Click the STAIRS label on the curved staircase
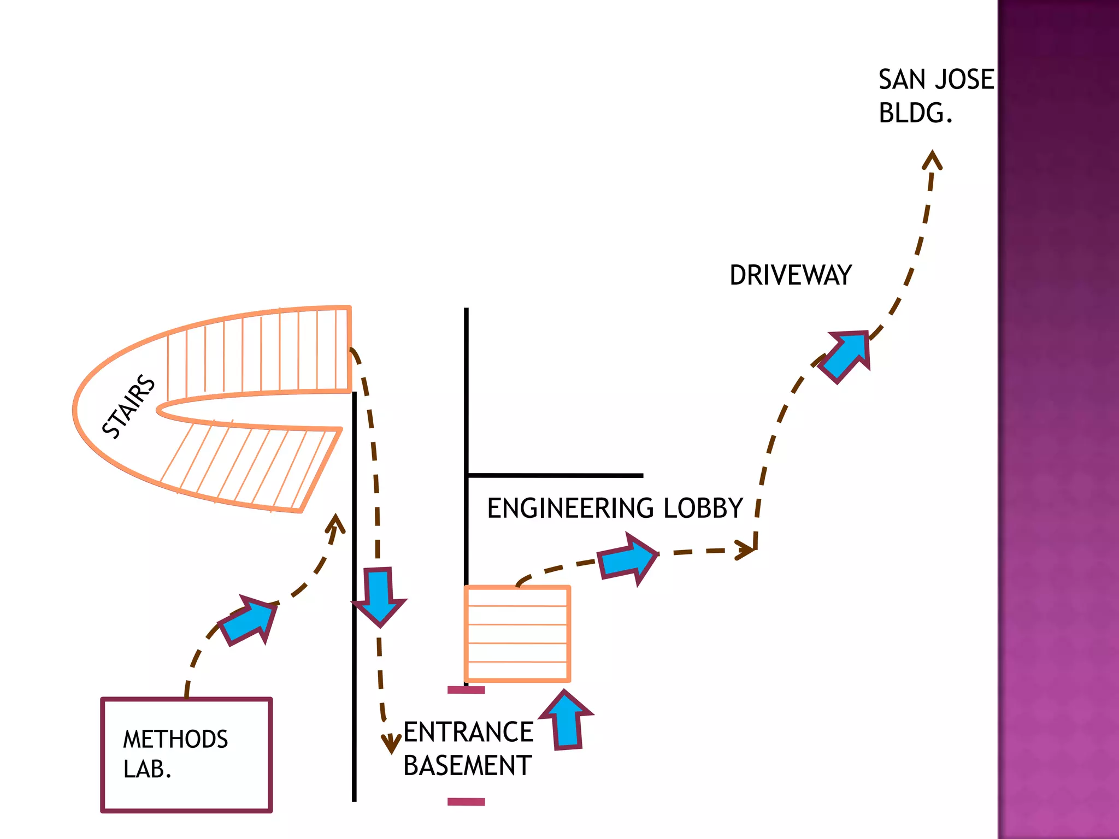pyautogui.click(x=129, y=406)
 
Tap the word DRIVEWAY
pyautogui.click(x=791, y=275)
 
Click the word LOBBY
pyautogui.click(x=703, y=508)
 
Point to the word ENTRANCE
pyautogui.click(x=468, y=732)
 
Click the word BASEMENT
pyautogui.click(x=468, y=765)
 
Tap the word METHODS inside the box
pyautogui.click(x=175, y=739)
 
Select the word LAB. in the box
pyautogui.click(x=148, y=769)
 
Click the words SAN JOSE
pyautogui.click(x=936, y=80)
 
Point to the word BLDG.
pyautogui.click(x=916, y=113)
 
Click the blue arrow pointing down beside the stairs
pyautogui.click(x=379, y=597)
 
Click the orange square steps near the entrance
pyautogui.click(x=517, y=634)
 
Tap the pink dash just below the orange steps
pyautogui.click(x=466, y=690)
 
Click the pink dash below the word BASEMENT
pyautogui.click(x=466, y=802)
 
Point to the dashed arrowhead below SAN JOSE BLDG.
pyautogui.click(x=932, y=159)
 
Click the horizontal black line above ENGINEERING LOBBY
pyautogui.click(x=555, y=475)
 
